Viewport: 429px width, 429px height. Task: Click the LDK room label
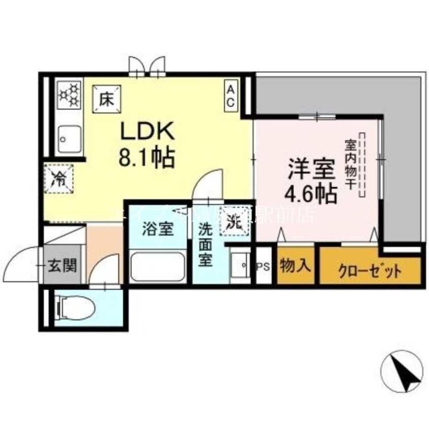click(x=147, y=132)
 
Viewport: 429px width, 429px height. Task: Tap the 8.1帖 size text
click(x=147, y=158)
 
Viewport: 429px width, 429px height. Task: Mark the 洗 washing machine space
click(x=234, y=222)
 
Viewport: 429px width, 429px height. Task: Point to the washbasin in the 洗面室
click(x=239, y=265)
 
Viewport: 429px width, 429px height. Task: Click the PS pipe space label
click(x=263, y=266)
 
